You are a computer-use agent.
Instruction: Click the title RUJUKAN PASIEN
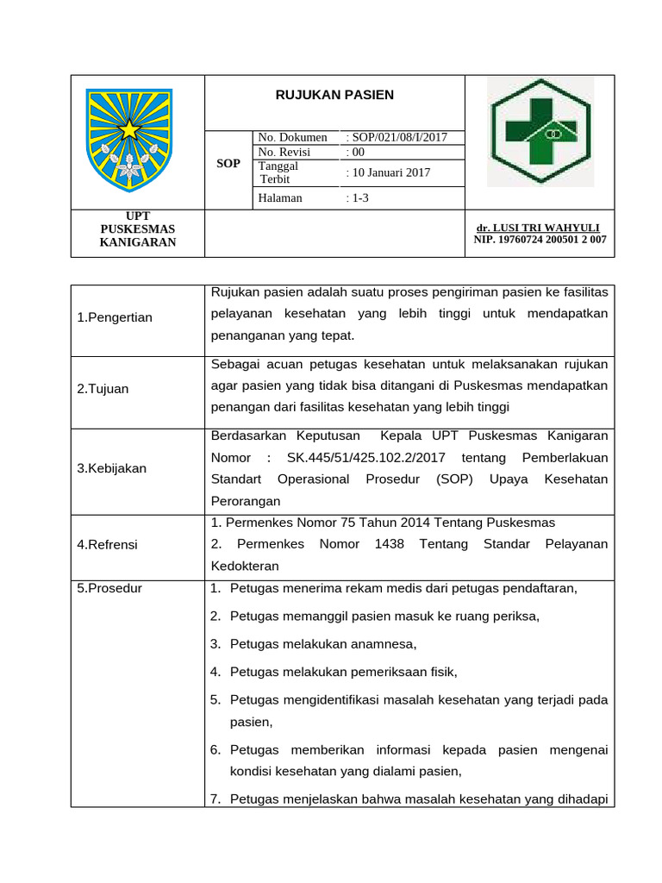click(334, 96)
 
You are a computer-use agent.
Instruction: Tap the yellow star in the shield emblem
click(128, 130)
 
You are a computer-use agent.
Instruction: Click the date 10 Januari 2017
click(390, 172)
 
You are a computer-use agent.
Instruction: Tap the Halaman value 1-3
click(358, 197)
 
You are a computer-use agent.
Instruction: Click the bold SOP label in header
click(228, 164)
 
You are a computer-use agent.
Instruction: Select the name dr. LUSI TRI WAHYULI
click(538, 228)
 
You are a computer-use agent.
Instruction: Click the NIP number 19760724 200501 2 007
click(540, 240)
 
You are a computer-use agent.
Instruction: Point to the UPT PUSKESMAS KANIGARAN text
click(137, 229)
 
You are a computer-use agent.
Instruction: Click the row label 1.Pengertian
click(115, 317)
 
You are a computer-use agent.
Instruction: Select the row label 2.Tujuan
click(103, 389)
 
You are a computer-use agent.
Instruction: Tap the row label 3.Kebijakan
click(112, 468)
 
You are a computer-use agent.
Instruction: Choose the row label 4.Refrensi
click(107, 545)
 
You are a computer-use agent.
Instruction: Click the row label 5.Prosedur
click(109, 589)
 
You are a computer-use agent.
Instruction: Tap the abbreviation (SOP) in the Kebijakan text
click(453, 479)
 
